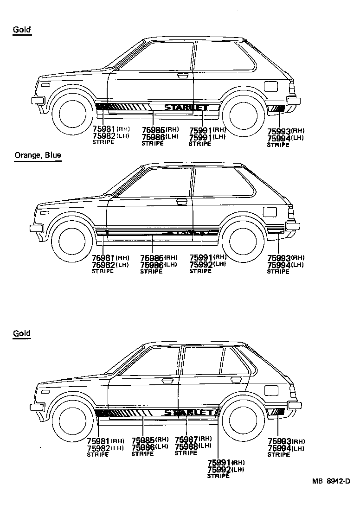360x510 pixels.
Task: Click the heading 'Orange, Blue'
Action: [38, 155]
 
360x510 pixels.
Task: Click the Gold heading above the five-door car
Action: [22, 333]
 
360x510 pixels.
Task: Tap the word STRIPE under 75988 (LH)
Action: [186, 453]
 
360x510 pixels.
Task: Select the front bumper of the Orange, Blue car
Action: [37, 228]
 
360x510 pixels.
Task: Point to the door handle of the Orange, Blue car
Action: [182, 202]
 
